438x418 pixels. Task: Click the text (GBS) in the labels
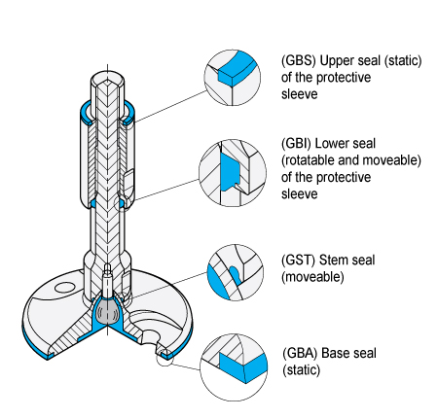click(x=298, y=60)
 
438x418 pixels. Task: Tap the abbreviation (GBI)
click(x=296, y=144)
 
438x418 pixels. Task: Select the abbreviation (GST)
click(x=298, y=260)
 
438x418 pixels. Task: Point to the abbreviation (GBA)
click(x=300, y=353)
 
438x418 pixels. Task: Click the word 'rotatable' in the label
click(x=309, y=160)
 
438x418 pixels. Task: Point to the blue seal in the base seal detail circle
click(x=243, y=366)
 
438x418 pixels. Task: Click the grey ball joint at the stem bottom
click(x=108, y=311)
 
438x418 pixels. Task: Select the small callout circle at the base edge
click(x=163, y=359)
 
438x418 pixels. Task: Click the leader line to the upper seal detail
click(x=170, y=107)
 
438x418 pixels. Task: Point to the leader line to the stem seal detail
click(x=169, y=284)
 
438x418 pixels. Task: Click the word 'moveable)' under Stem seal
click(x=312, y=277)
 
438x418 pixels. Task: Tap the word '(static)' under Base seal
click(x=302, y=370)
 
